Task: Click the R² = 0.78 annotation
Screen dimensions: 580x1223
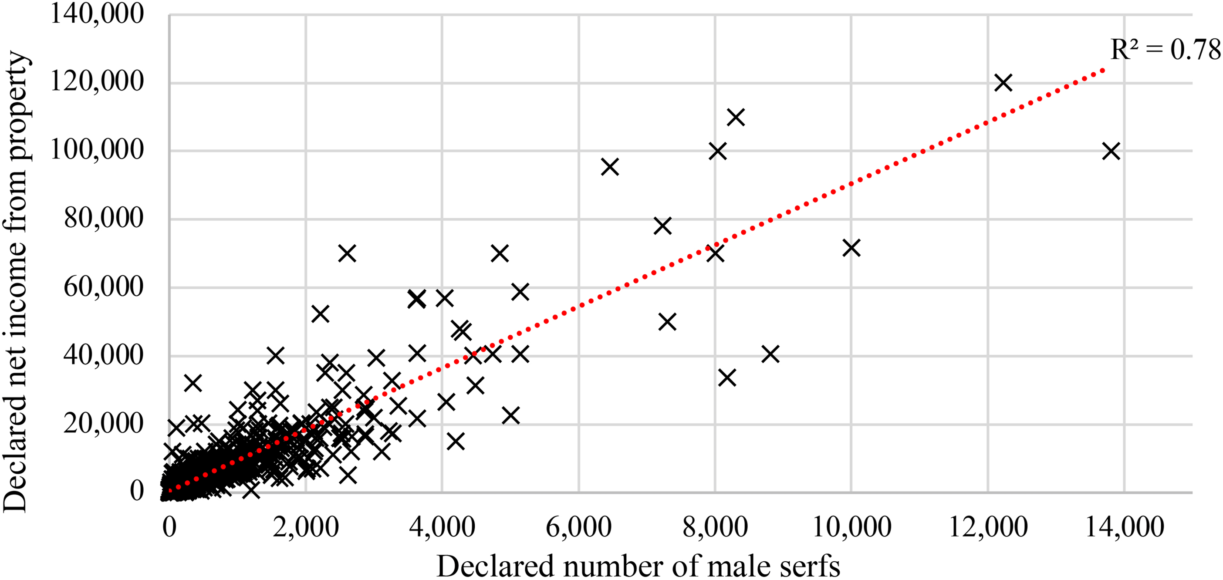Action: [1166, 50]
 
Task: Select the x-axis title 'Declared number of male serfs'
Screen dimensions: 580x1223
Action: [638, 566]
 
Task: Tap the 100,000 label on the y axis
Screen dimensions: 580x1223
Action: [97, 150]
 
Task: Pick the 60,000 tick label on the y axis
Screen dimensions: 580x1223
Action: [104, 287]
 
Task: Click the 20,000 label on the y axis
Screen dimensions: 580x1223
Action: [104, 423]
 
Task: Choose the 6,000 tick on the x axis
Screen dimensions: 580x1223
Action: [579, 527]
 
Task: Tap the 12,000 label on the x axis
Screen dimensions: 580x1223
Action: [988, 527]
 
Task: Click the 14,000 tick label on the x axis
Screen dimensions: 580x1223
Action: [1125, 527]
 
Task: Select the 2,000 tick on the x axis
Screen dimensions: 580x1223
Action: [306, 527]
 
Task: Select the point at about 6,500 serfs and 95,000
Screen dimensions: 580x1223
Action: [610, 167]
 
